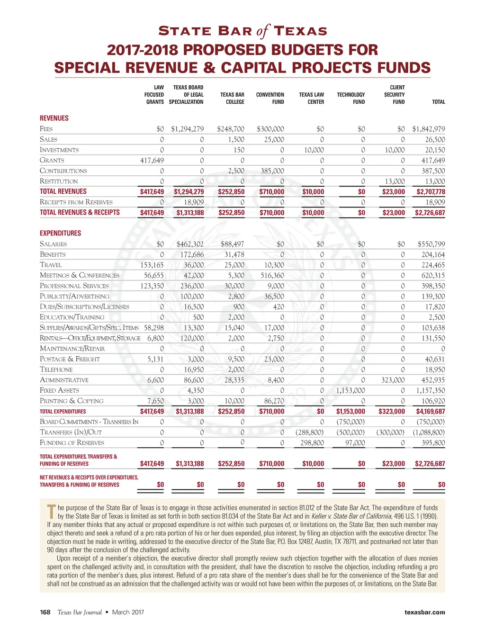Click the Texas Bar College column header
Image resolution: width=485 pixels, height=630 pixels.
(232, 98)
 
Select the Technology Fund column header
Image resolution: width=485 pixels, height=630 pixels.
(351, 98)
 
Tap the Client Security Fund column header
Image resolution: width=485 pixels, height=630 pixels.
(395, 94)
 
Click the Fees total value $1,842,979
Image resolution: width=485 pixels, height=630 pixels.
(428, 129)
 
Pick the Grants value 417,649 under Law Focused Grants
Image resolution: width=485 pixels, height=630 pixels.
(152, 160)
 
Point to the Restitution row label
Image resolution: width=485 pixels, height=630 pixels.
(59, 181)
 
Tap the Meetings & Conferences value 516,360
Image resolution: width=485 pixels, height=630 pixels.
(272, 275)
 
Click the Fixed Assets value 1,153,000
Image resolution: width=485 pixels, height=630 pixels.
(350, 390)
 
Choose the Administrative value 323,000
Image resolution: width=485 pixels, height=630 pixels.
(393, 380)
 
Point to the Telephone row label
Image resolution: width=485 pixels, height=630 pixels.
(56, 369)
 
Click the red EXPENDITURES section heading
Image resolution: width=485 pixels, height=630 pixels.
(60, 233)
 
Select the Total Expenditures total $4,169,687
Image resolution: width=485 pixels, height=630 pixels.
(430, 411)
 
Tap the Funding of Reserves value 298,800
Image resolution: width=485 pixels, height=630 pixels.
(312, 442)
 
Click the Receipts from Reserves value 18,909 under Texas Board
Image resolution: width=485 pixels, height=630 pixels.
(194, 202)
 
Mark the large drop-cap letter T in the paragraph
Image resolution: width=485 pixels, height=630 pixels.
(52, 512)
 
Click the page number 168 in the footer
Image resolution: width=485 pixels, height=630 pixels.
(45, 612)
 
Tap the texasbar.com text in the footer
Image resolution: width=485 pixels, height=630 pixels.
(424, 612)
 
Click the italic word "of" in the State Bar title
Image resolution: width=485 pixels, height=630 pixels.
(263, 31)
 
